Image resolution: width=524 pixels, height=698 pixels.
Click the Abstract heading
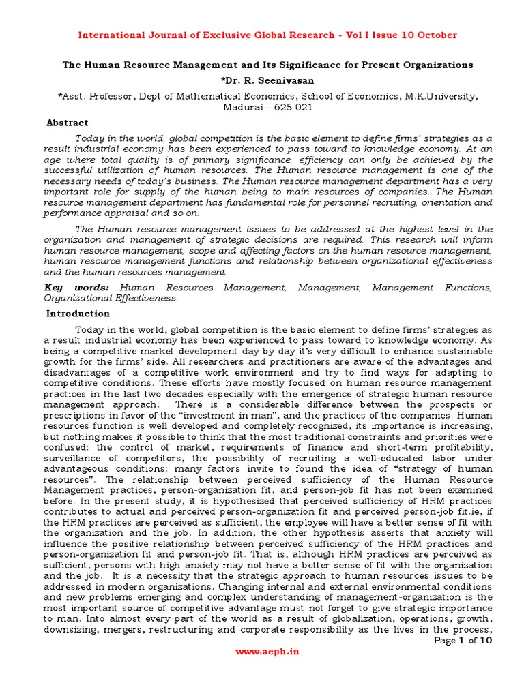(67, 123)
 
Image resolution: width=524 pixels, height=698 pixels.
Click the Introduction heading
(78, 314)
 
